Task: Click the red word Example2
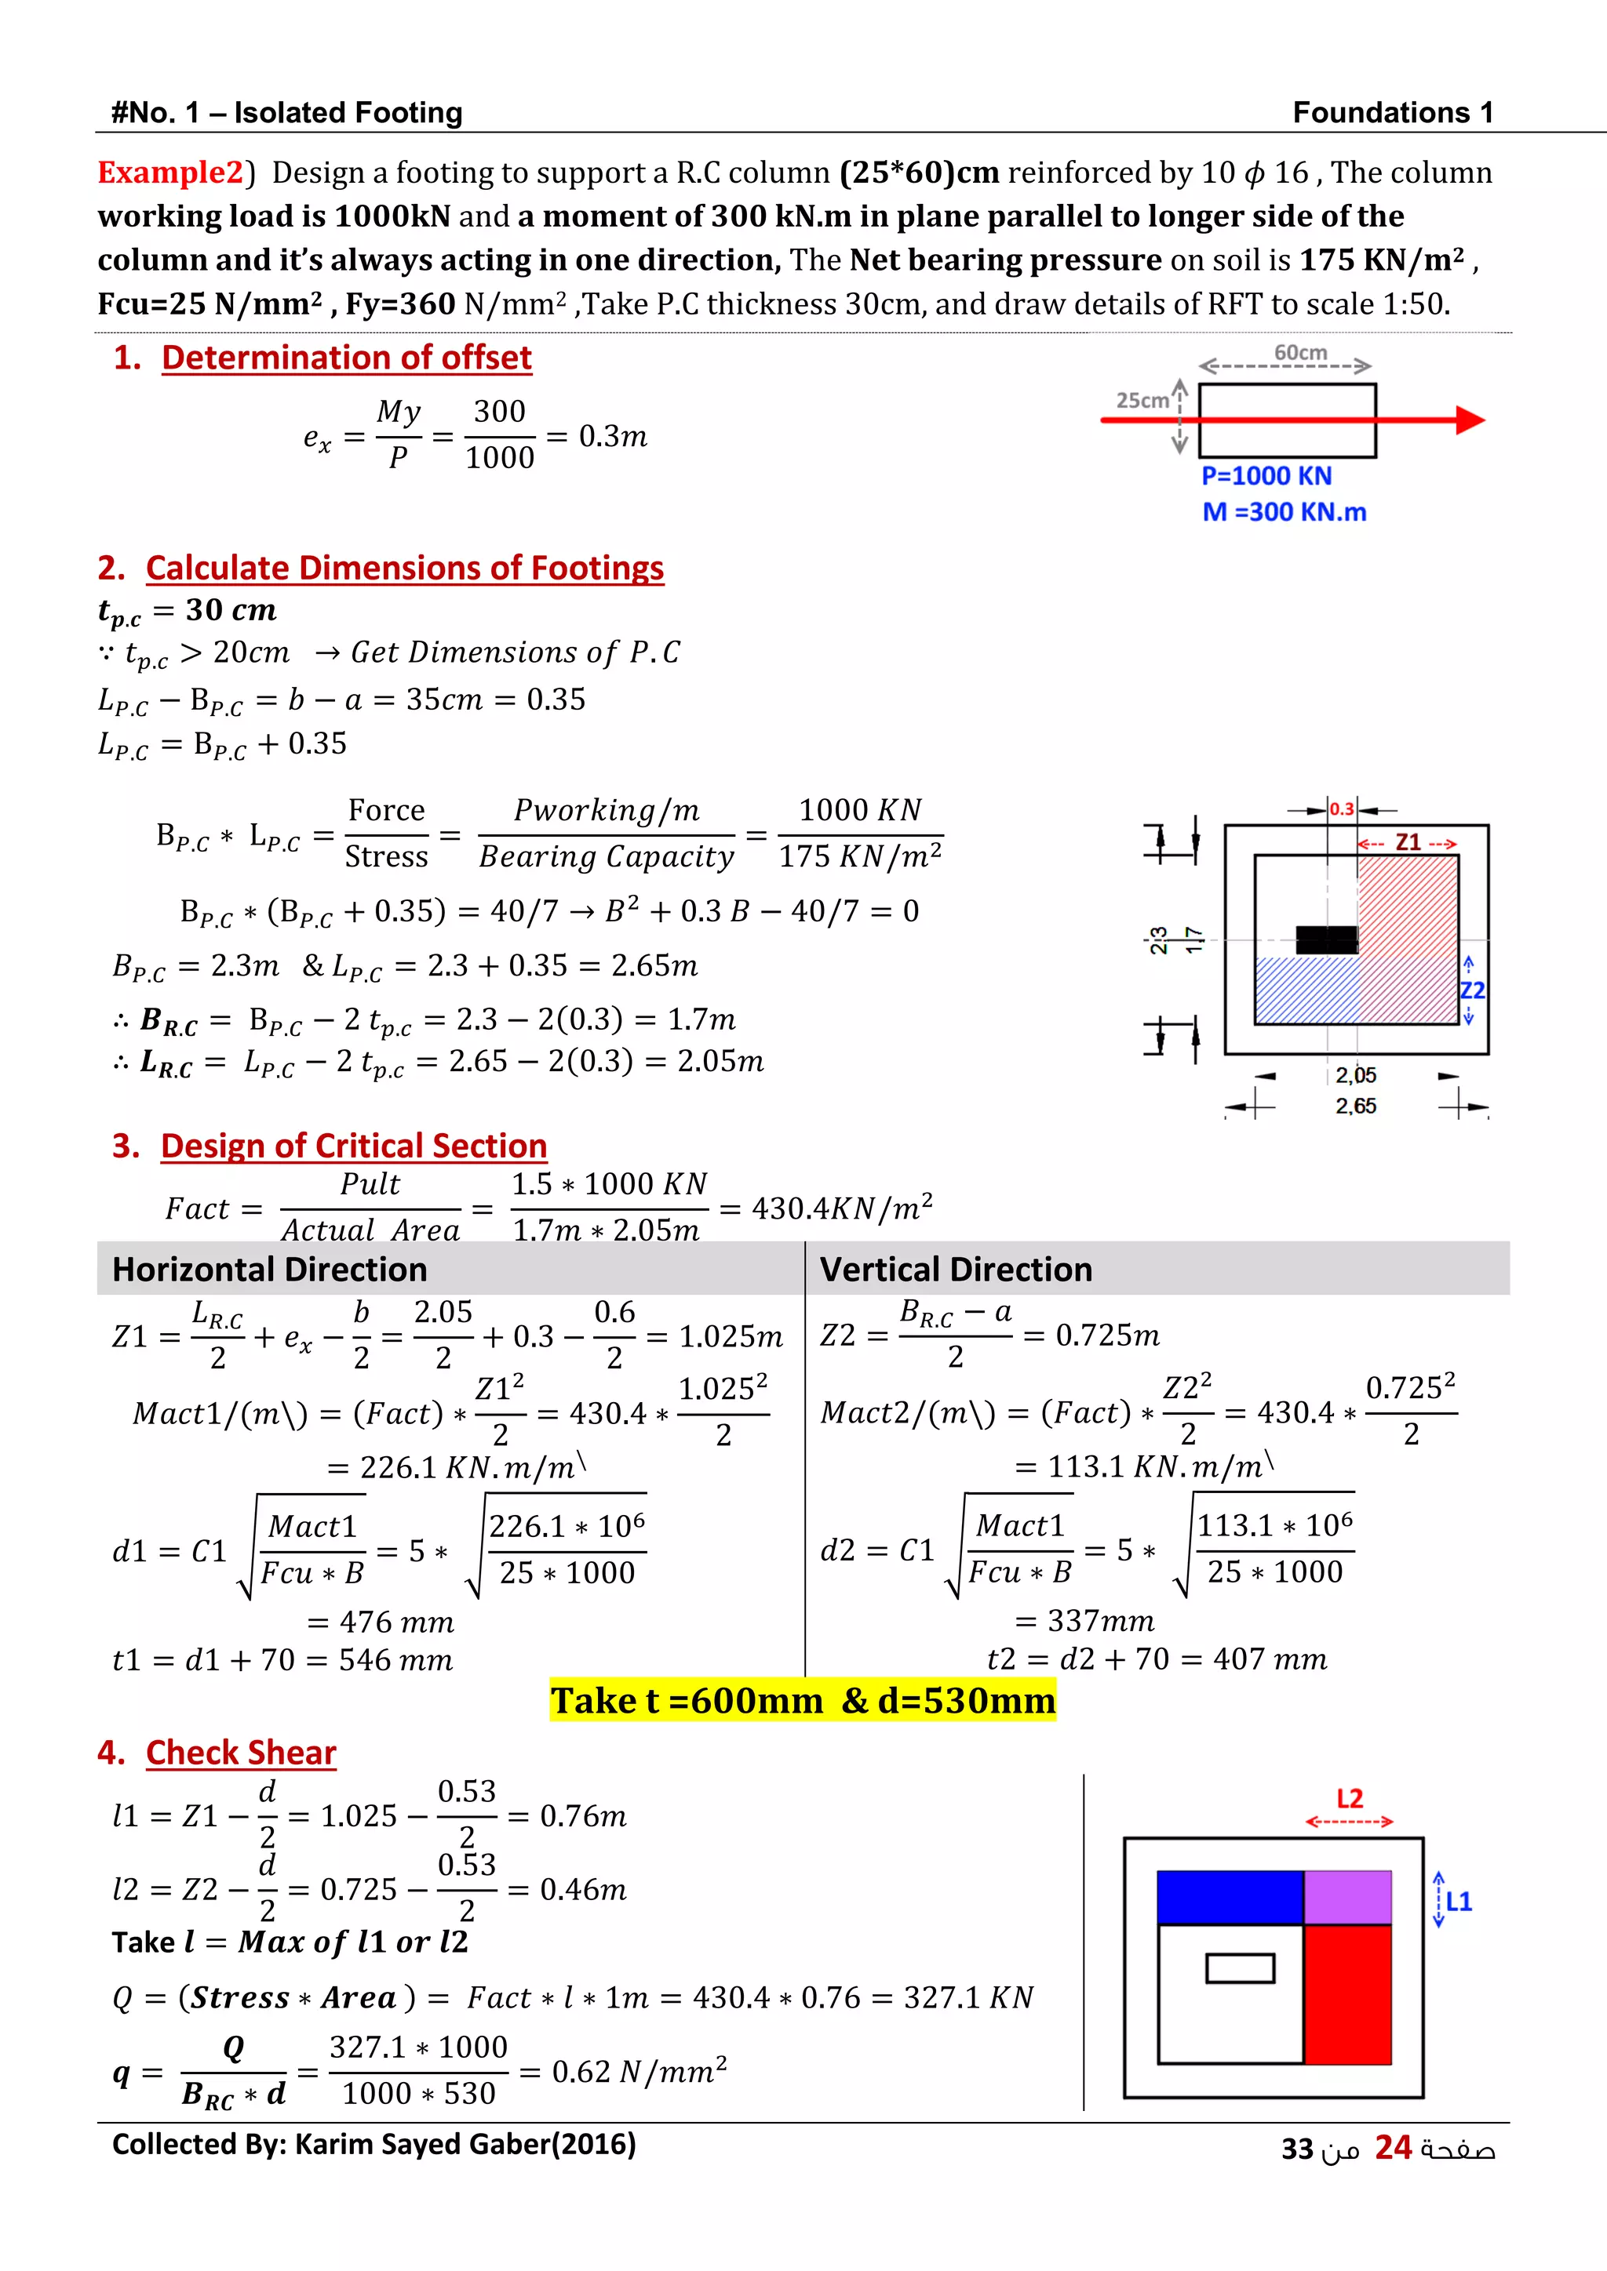click(x=170, y=173)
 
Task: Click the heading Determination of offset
click(x=346, y=358)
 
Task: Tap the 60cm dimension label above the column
click(x=1299, y=353)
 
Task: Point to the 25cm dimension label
click(x=1142, y=401)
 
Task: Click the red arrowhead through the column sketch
click(x=1470, y=420)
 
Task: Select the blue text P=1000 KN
click(x=1266, y=476)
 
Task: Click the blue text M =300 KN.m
click(x=1284, y=512)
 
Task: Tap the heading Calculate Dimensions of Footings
click(x=404, y=569)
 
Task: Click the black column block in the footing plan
click(x=1326, y=939)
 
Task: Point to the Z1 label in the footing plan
click(x=1407, y=843)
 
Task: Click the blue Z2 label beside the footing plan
click(x=1472, y=990)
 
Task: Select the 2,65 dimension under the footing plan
click(x=1354, y=1106)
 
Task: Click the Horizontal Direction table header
click(x=269, y=1269)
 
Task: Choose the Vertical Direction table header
click(x=956, y=1269)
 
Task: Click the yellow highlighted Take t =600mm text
click(x=803, y=1700)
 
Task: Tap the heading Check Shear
click(x=240, y=1753)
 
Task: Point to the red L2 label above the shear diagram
click(x=1350, y=1798)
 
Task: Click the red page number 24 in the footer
click(x=1392, y=2147)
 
